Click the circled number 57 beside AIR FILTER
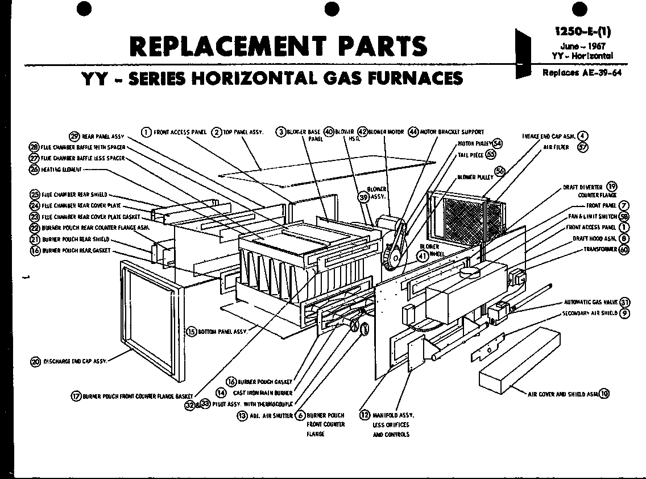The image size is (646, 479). point(582,147)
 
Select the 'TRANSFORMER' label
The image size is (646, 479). point(599,249)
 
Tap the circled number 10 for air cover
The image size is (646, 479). point(604,393)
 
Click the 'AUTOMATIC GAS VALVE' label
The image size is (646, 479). point(590,302)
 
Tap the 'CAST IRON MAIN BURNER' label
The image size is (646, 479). point(263,393)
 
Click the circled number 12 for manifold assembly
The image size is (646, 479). point(365,415)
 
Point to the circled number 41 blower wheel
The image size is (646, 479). point(423,256)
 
